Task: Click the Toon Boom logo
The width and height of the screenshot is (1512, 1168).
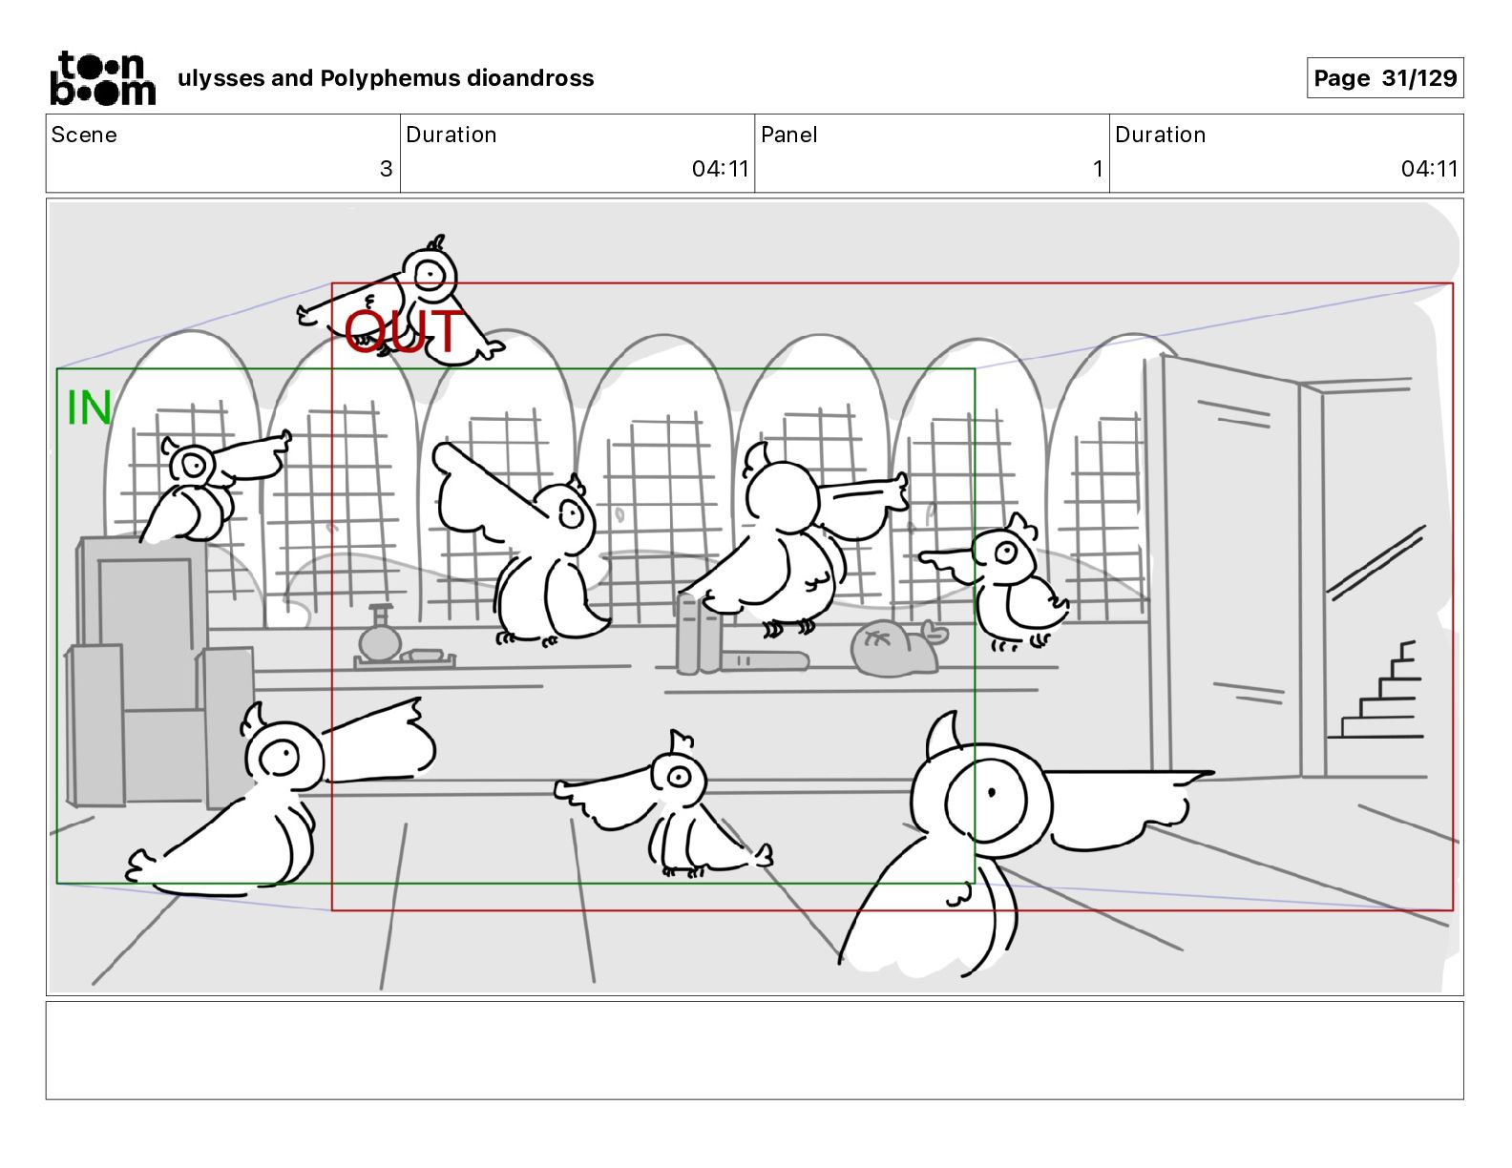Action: coord(103,78)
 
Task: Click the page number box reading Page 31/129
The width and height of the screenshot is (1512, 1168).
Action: coord(1385,78)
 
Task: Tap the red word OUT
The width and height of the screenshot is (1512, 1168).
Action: coord(404,331)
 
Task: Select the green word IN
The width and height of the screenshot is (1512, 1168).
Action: coord(89,407)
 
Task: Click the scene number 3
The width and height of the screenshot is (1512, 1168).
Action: coord(387,168)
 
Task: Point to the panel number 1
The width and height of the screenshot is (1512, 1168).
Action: coord(1098,168)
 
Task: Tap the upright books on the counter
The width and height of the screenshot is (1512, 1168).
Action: coord(699,633)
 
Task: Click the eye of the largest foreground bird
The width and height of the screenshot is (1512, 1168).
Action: coord(991,792)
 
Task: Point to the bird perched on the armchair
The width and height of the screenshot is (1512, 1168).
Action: coord(209,487)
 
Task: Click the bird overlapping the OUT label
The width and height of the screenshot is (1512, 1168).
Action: coord(410,299)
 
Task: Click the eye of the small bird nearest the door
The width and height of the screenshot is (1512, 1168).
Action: coord(1005,553)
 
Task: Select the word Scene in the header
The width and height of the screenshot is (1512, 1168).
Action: coord(83,135)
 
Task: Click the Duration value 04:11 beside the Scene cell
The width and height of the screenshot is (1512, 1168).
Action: coord(720,168)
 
